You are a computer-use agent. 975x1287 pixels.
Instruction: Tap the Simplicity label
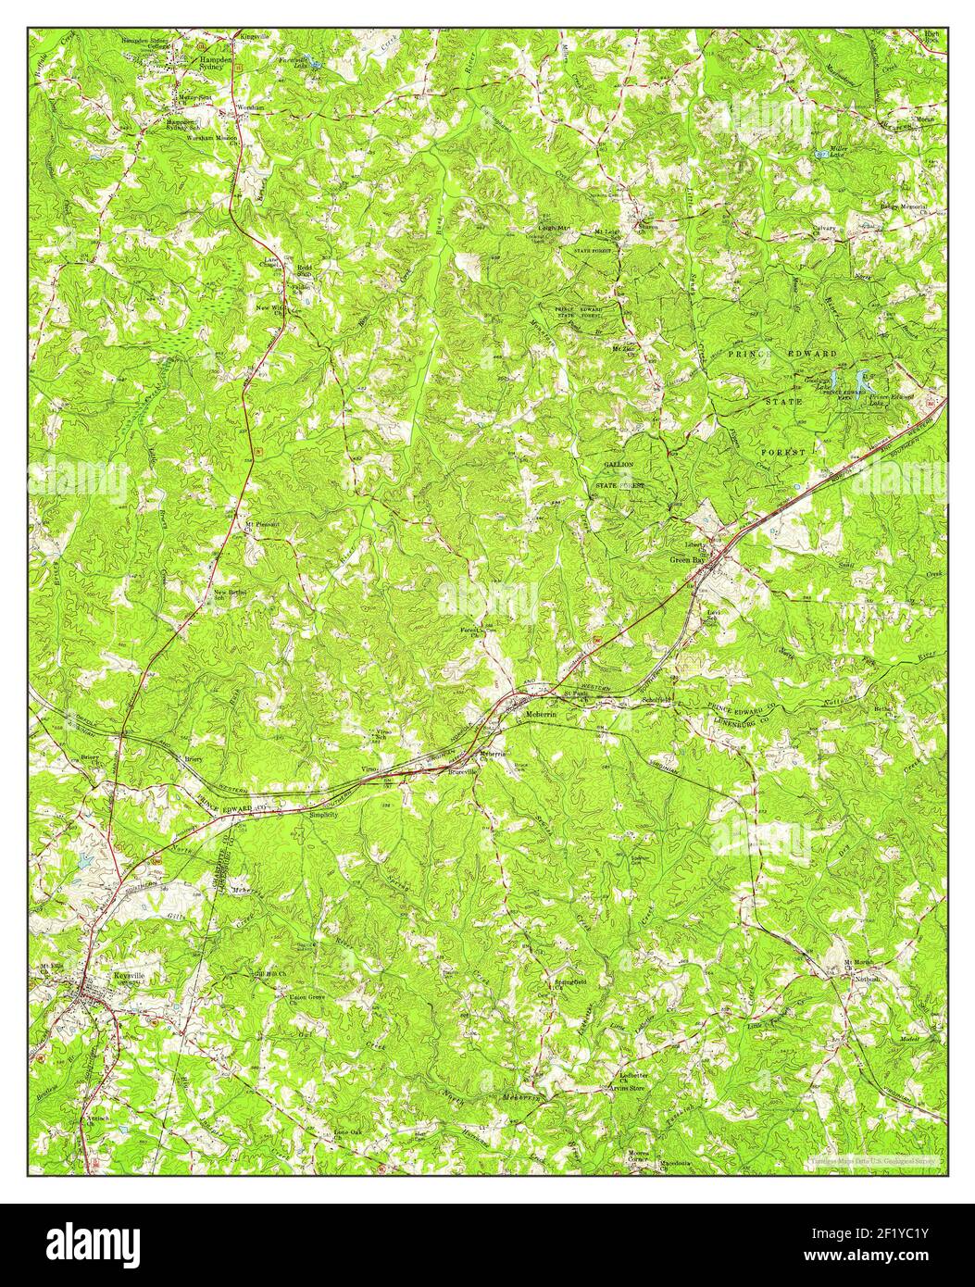324,815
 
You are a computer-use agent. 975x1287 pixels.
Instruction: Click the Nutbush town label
866,979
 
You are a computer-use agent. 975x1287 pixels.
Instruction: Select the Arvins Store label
626,1089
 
